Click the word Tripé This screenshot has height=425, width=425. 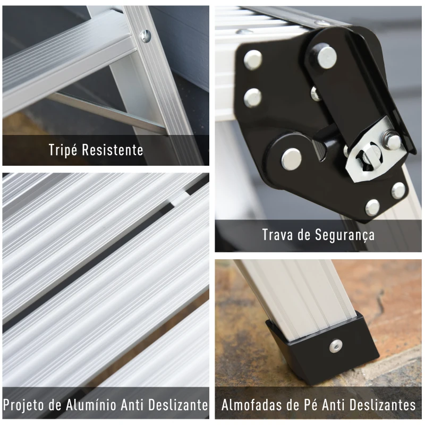click(x=63, y=150)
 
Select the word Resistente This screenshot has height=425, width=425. click(x=113, y=150)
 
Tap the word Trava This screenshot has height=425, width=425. click(x=277, y=235)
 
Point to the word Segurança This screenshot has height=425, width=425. click(x=344, y=235)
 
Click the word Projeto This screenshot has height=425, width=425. click(x=23, y=405)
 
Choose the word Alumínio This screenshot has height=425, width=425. click(x=91, y=405)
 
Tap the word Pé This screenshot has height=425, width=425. click(x=309, y=405)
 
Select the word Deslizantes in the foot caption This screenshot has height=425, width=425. click(x=382, y=405)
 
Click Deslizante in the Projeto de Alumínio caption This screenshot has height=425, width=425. click(x=178, y=405)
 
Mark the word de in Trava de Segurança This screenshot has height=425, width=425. click(x=303, y=235)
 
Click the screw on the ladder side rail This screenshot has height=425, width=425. click(x=145, y=36)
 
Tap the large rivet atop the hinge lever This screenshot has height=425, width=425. click(x=327, y=57)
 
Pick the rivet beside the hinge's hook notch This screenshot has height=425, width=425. click(x=292, y=158)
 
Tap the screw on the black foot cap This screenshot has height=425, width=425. click(x=336, y=346)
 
